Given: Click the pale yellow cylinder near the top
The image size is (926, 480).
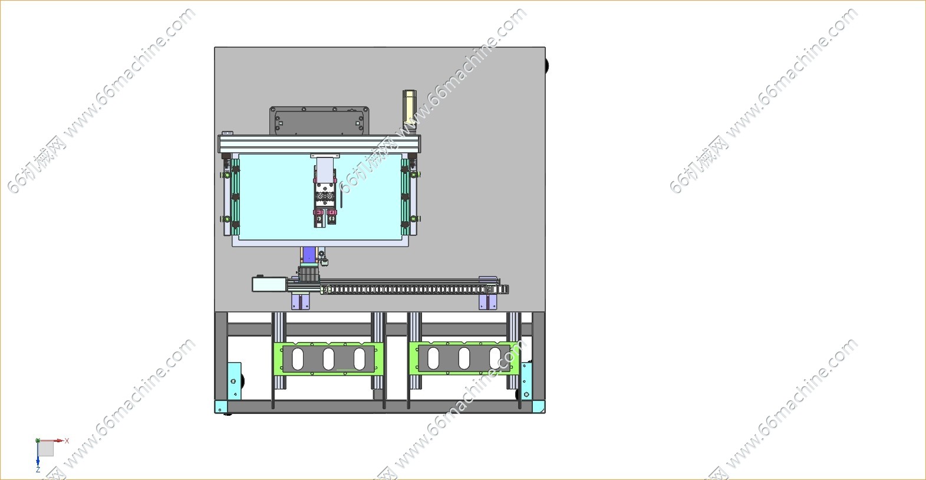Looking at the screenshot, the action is [x=409, y=109].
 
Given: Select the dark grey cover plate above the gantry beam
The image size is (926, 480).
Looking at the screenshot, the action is [x=319, y=120].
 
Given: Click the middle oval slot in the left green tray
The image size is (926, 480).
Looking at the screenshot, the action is [x=329, y=359].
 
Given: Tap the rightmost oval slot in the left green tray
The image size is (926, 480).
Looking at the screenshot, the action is [x=359, y=359].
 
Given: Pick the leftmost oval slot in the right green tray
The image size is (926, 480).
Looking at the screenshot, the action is [x=433, y=358].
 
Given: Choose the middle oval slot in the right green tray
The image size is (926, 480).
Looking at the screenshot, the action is [x=464, y=358].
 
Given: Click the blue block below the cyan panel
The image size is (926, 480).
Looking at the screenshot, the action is [x=309, y=255].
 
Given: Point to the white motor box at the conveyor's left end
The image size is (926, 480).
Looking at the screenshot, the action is [x=269, y=284].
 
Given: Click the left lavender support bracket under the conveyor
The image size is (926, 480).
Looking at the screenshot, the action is [x=301, y=301].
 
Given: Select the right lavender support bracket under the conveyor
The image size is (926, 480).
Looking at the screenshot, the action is [x=488, y=301].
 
